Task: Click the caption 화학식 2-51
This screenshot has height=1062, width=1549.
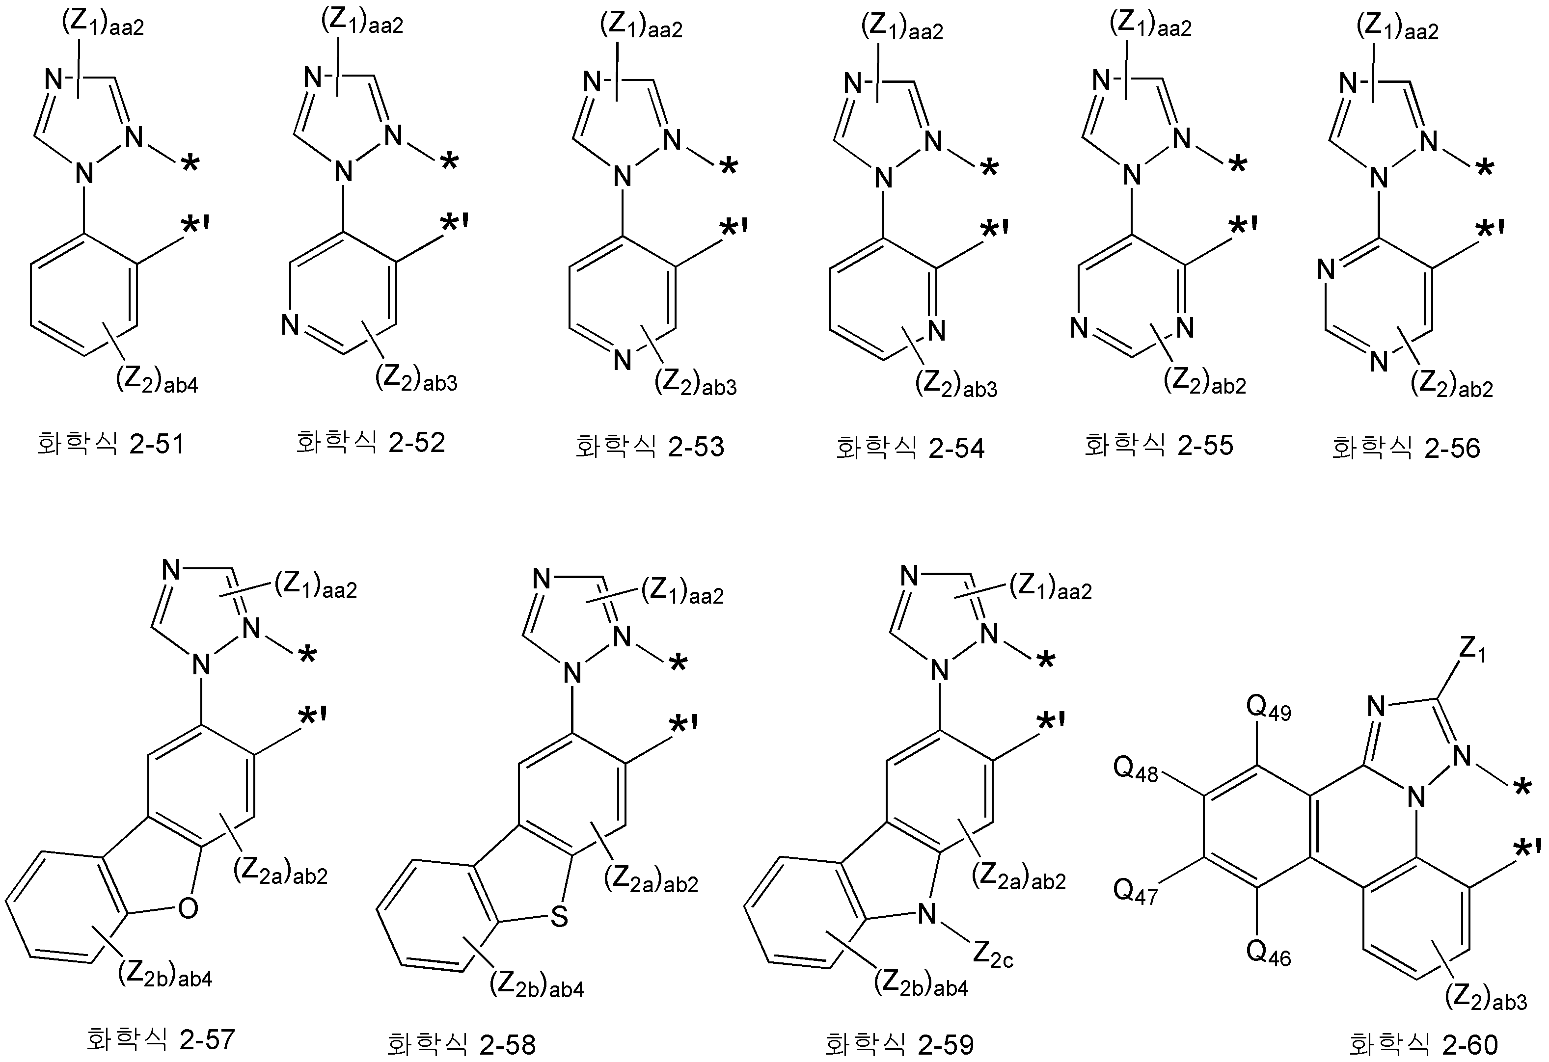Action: click(110, 444)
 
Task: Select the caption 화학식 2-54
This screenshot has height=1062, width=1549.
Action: click(910, 448)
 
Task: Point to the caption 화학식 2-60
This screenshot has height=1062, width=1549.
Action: click(1423, 1044)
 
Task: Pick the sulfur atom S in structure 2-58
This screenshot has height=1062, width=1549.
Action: click(559, 917)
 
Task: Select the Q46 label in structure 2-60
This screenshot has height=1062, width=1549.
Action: click(1268, 954)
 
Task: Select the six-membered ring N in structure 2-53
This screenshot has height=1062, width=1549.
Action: click(622, 360)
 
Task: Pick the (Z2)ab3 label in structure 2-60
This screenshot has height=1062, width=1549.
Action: click(1486, 999)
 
